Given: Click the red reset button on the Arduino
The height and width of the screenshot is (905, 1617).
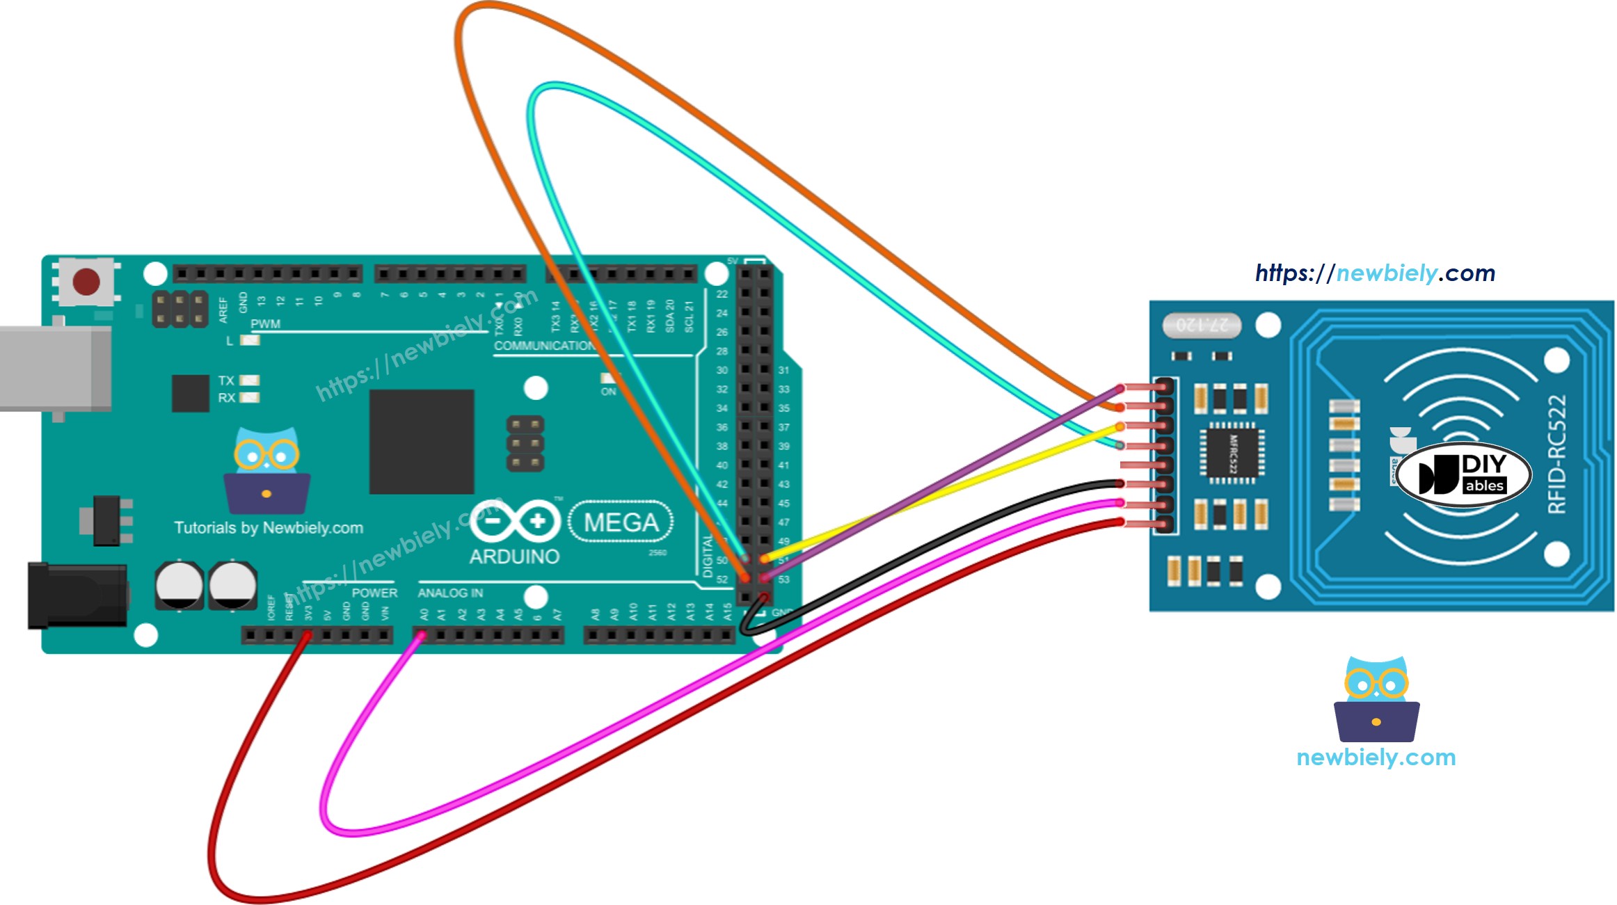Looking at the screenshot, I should tap(86, 282).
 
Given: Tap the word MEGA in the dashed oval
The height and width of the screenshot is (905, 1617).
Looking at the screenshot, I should tap(621, 522).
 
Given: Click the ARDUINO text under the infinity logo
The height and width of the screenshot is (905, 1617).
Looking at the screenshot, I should tap(514, 557).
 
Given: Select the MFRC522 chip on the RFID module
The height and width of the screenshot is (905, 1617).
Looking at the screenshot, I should tap(1232, 453).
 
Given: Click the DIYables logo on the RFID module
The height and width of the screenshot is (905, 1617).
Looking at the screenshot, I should tap(1463, 474).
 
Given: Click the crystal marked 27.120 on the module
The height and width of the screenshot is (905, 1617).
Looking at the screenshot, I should tap(1202, 324).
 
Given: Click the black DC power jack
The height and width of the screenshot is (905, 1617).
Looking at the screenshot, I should tap(77, 595).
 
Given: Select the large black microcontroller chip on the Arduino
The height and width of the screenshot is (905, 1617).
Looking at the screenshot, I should tap(422, 442).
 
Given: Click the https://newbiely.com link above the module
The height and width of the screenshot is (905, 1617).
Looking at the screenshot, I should tap(1375, 273).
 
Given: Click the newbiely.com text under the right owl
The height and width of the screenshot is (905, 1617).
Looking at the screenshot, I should tap(1376, 758).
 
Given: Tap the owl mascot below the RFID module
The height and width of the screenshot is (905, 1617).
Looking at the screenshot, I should tap(1376, 699).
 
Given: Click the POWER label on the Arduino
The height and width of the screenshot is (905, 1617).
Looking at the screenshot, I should tap(374, 593).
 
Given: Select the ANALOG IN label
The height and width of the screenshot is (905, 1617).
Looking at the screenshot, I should tap(450, 593).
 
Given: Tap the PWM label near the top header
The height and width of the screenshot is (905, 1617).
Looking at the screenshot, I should tap(265, 324).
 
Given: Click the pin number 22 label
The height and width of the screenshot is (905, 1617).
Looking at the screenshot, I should tap(722, 294).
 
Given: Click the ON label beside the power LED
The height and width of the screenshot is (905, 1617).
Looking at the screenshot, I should tap(608, 392).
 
